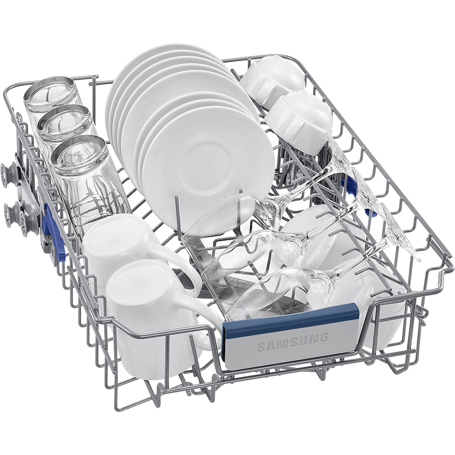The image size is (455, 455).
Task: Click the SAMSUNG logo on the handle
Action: coord(293,341)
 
